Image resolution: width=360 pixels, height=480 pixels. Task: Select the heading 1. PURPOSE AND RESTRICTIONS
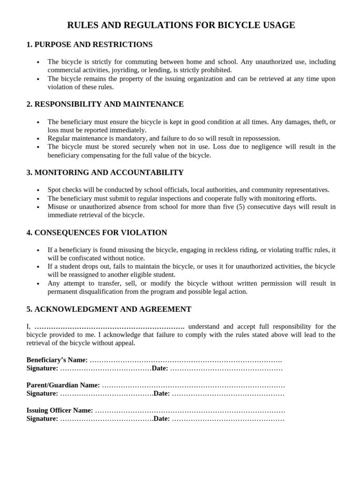[x=90, y=45]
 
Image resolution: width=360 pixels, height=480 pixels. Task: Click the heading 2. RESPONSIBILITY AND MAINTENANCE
[x=105, y=104]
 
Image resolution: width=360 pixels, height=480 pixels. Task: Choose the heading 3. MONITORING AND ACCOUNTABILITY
[x=105, y=172]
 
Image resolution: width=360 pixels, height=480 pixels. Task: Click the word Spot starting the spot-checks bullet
[x=54, y=190]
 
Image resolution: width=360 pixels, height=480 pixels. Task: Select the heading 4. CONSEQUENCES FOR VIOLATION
[x=97, y=232]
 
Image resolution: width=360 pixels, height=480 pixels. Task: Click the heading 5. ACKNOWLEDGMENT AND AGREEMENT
[x=109, y=309]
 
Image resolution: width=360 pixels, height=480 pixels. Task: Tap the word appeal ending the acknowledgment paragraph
[x=124, y=343]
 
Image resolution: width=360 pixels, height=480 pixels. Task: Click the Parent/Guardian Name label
[x=63, y=385]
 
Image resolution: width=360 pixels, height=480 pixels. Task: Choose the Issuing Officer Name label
[x=60, y=411]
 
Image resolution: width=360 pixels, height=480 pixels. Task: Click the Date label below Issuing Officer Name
[x=162, y=419]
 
